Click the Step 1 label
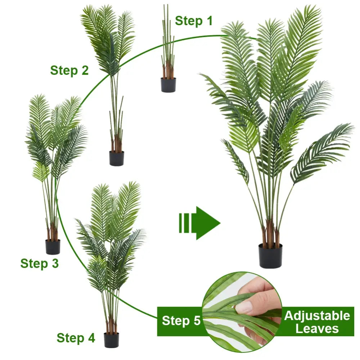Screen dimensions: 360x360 194,21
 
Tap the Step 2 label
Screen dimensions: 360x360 69,70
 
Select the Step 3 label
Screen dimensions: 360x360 39,263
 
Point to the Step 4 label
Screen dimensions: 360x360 76,338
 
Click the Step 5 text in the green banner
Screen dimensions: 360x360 181,320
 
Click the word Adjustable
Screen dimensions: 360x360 317,316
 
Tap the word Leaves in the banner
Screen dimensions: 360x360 317,328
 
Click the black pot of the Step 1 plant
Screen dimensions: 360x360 168,85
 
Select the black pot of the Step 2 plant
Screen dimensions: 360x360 117,158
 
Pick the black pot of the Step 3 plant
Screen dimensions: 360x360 53,247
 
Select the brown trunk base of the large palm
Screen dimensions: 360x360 270,234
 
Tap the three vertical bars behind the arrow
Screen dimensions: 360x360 184,223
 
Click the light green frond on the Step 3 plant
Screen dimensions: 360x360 41,171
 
